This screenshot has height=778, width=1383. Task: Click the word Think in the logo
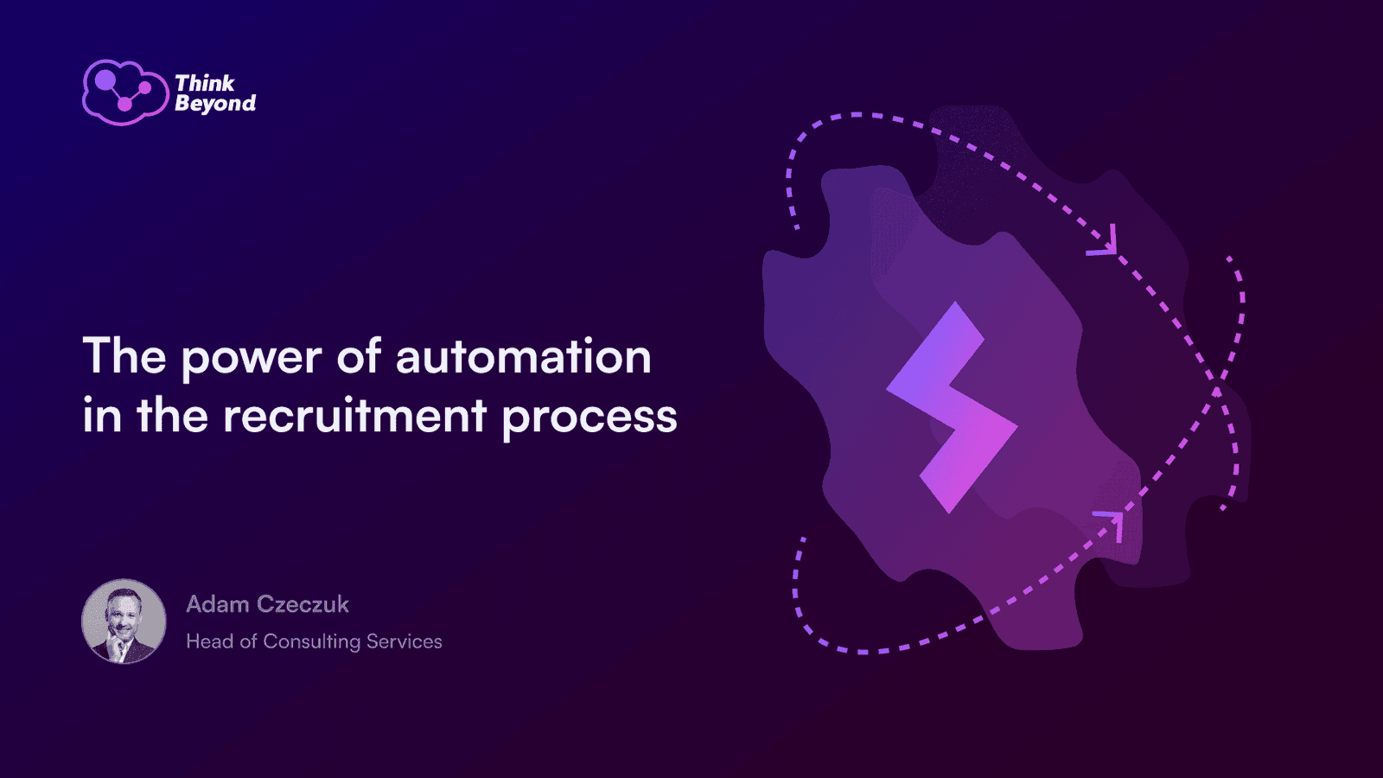click(x=204, y=83)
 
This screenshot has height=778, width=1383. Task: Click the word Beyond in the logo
click(x=215, y=103)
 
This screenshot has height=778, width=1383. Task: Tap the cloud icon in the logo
click(x=125, y=92)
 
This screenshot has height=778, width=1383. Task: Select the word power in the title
click(x=252, y=359)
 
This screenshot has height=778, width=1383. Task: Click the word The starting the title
click(x=124, y=355)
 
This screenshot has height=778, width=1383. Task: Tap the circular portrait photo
click(x=124, y=622)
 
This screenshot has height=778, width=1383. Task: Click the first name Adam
click(x=217, y=604)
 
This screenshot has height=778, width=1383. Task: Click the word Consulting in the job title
click(x=312, y=642)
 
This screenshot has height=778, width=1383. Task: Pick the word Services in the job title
click(x=405, y=641)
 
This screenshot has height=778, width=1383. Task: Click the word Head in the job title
click(x=209, y=641)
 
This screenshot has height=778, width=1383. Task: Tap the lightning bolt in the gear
click(x=952, y=407)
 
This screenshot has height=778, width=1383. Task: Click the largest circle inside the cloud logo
click(x=105, y=80)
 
